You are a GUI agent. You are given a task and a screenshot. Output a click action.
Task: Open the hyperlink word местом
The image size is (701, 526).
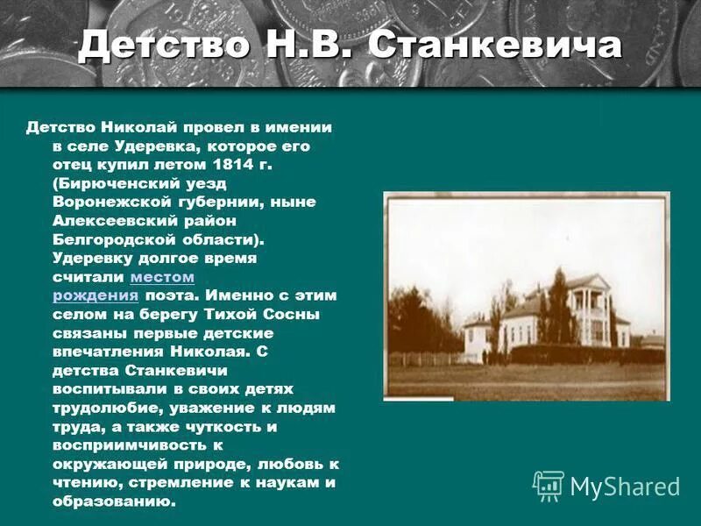(162, 277)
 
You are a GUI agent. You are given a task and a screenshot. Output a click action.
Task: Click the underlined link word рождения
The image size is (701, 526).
(89, 296)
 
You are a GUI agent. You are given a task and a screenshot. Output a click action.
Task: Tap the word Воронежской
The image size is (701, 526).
(110, 203)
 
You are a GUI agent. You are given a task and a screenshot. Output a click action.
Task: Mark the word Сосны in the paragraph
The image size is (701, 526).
(294, 315)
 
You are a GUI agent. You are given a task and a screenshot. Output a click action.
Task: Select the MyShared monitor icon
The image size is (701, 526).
(549, 486)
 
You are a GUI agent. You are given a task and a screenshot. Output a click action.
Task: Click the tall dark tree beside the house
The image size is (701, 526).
(558, 302)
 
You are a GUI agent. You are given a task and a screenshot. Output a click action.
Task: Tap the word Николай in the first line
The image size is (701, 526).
(131, 126)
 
